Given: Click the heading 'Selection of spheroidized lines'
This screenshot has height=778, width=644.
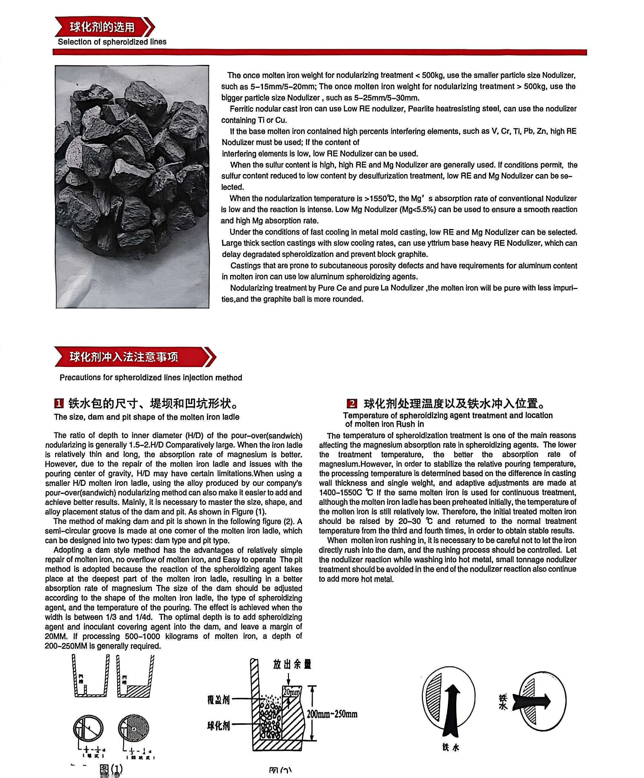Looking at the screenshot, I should [112, 42].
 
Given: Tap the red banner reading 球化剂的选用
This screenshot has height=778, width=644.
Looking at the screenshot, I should [102, 27].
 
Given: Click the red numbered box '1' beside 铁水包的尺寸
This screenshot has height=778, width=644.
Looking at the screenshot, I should [59, 403].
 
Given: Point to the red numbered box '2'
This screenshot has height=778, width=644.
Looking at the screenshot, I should [352, 404].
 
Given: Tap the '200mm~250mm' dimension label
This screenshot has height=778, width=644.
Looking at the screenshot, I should [332, 714].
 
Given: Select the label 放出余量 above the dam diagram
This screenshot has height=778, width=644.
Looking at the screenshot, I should [292, 664].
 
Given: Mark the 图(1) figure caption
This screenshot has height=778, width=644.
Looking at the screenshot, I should [111, 769].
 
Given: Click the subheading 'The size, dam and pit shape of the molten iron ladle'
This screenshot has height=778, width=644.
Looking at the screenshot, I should [146, 417].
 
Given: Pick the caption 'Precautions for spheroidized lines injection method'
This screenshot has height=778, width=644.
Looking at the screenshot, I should [151, 377].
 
